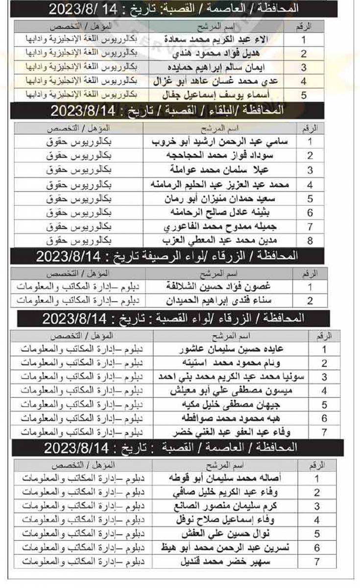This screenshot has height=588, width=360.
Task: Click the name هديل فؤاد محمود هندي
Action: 217,54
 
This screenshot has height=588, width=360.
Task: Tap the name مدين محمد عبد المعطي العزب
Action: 217,241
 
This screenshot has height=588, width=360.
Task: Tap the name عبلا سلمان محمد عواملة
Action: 217,171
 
